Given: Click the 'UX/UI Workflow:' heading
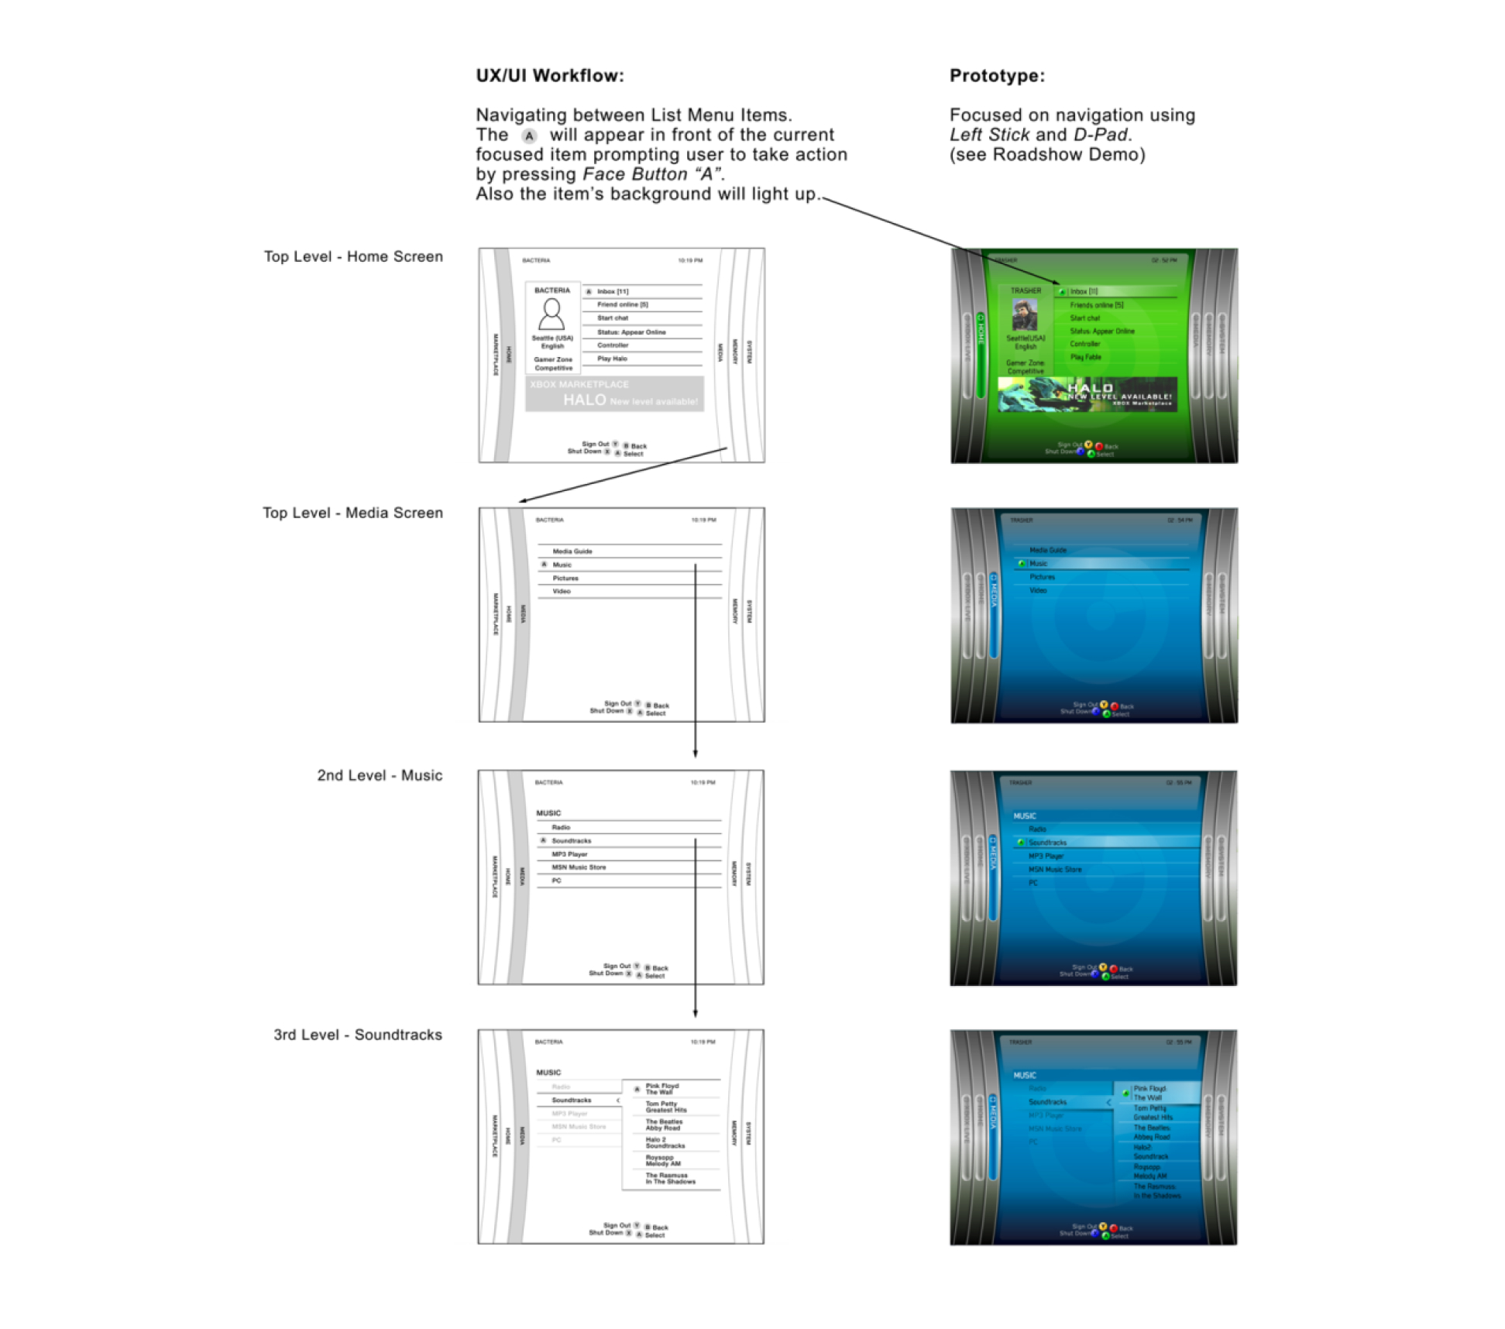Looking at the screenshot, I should (549, 76).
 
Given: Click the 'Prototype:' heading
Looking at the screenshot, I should (997, 76).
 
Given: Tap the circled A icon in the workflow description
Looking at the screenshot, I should (529, 136).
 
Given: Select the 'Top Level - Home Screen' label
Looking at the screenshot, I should (353, 256).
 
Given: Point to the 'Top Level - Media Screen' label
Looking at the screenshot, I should (352, 513).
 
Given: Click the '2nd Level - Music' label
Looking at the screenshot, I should (380, 775).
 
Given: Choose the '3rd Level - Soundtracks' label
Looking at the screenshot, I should (358, 1035).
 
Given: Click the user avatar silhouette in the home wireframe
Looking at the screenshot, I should (551, 314).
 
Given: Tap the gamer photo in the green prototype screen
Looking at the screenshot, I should (1025, 315).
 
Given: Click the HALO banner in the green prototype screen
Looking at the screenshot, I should (1088, 393).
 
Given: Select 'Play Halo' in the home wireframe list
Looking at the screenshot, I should (612, 359).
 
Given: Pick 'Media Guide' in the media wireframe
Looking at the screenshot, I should (572, 551).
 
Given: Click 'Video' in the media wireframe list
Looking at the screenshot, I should (562, 591).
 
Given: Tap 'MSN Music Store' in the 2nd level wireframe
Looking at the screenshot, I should (579, 867).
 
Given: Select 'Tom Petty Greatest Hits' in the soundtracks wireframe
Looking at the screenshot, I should (666, 1107).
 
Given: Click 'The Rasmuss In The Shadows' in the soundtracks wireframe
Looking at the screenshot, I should (670, 1178).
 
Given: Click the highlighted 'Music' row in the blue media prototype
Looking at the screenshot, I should (1100, 564).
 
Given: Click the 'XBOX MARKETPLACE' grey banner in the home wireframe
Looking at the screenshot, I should (614, 393).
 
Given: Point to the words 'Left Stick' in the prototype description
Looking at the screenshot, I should (989, 135).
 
